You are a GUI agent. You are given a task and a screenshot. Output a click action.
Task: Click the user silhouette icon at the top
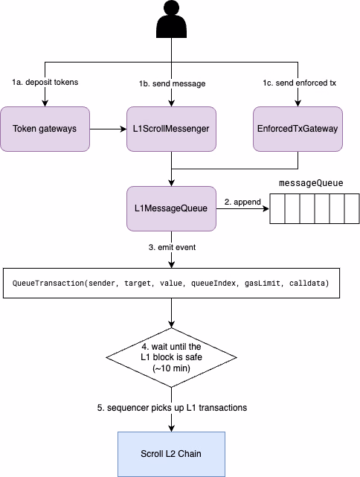point(173,21)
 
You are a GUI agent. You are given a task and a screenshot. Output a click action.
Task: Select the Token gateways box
point(45,129)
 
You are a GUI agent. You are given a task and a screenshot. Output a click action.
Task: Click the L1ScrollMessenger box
point(173,129)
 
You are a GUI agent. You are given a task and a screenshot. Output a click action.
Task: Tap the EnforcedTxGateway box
point(298,129)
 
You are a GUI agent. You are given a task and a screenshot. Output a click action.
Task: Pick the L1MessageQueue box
point(173,209)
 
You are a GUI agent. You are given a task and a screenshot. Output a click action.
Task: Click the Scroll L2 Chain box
point(173,453)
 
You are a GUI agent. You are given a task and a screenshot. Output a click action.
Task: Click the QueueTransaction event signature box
point(173,284)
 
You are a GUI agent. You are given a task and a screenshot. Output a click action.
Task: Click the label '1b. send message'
point(173,83)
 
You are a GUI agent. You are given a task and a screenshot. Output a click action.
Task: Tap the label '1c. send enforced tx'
point(299,83)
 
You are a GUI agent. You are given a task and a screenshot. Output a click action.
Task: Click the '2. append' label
point(242,202)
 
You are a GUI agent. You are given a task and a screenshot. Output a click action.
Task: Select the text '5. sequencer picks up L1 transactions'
point(173,409)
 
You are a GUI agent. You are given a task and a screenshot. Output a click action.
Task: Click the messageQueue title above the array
point(311,183)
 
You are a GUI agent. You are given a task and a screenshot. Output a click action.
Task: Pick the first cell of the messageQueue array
point(276,210)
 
